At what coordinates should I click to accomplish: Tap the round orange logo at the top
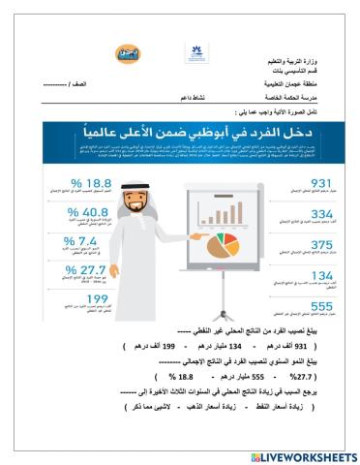coord(128,55)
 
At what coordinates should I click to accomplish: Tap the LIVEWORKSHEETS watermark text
coord(304,456)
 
